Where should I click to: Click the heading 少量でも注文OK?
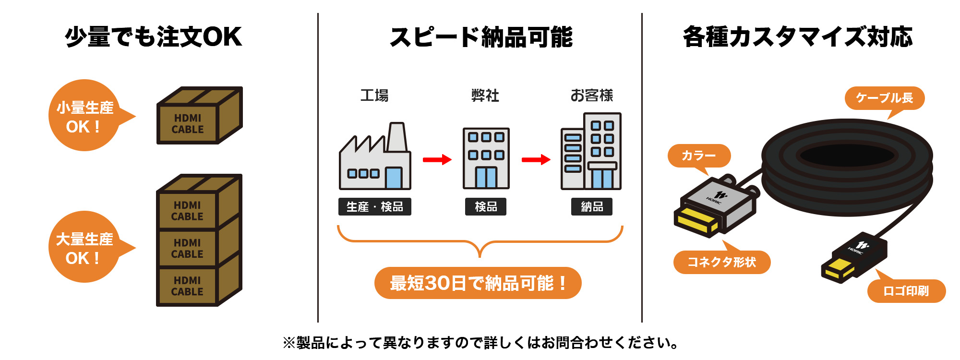(153, 37)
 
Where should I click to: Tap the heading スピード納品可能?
(481, 37)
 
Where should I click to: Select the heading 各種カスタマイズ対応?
(797, 37)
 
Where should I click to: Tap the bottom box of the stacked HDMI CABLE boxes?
(188, 286)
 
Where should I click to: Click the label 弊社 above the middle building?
(485, 96)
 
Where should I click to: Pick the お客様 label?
(591, 96)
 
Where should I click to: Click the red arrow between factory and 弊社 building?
(437, 159)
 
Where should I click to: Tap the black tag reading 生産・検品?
(374, 207)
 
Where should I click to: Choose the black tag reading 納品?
(591, 207)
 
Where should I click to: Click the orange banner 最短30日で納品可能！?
(478, 283)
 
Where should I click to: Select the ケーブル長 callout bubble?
(884, 98)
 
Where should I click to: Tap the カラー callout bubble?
(699, 156)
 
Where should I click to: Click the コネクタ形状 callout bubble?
(721, 262)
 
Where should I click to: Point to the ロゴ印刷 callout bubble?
(906, 291)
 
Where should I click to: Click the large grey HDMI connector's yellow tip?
(696, 222)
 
